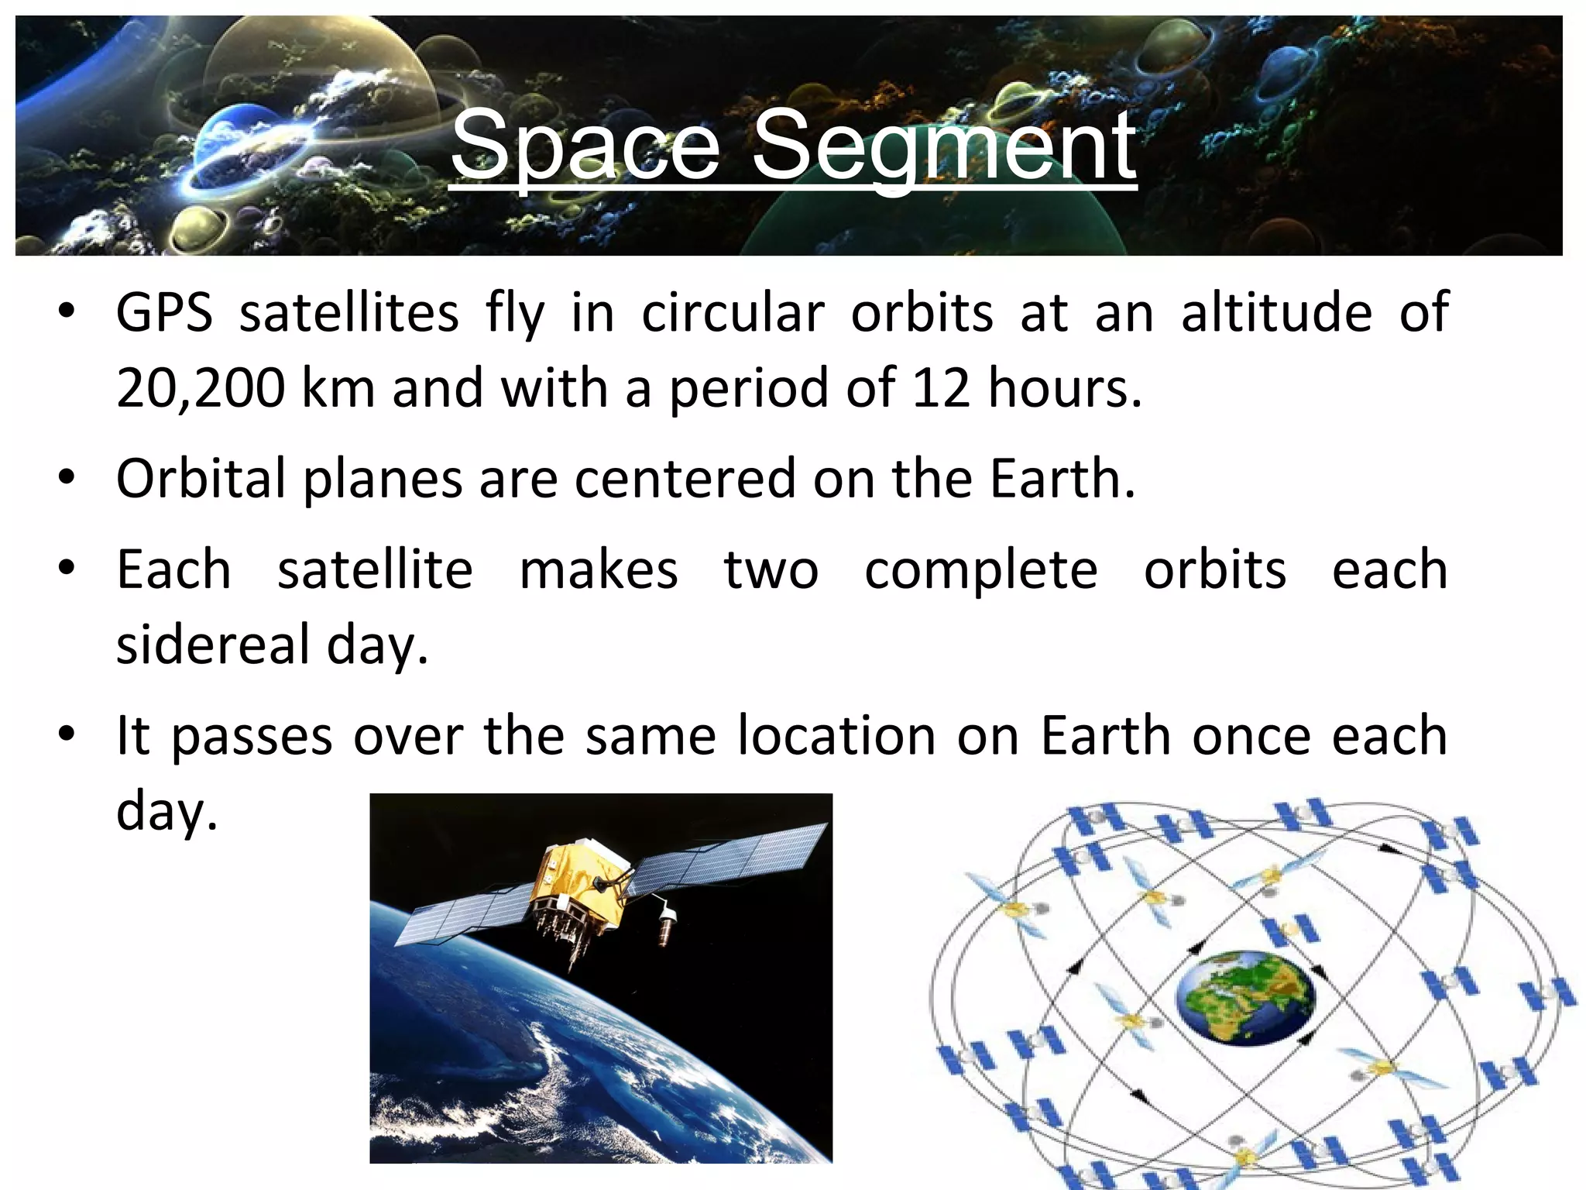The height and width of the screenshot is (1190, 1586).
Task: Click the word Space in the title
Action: click(x=585, y=146)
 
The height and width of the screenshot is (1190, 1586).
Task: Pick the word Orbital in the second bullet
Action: click(x=201, y=478)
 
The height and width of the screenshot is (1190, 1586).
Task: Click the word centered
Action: click(x=685, y=478)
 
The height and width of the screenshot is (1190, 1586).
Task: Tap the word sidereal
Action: click(x=213, y=645)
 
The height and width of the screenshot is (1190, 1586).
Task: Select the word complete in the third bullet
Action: click(x=980, y=571)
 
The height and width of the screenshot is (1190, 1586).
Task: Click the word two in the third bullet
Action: click(x=771, y=571)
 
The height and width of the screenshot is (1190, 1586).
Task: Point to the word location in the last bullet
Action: click(x=836, y=735)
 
